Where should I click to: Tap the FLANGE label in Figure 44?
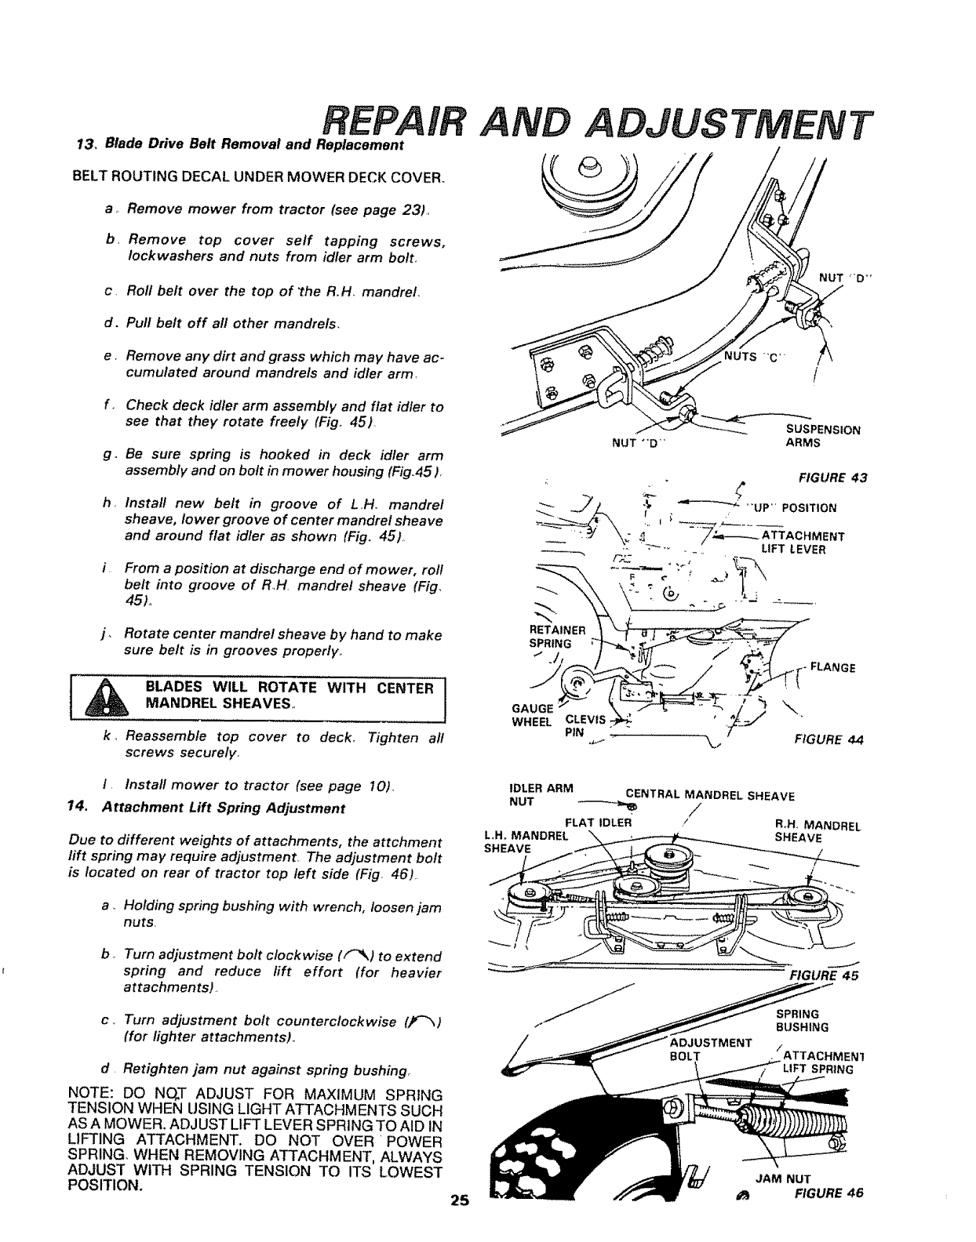(832, 668)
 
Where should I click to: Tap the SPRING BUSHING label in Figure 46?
(797, 1020)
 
